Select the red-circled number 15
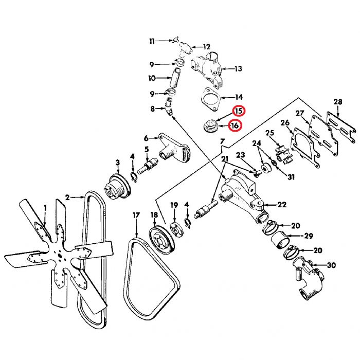[x=239, y=111]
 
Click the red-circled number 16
[x=235, y=125]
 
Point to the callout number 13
[x=238, y=68]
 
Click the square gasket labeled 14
[x=210, y=99]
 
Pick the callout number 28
[x=337, y=101]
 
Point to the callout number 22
[x=282, y=205]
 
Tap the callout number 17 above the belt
[x=136, y=215]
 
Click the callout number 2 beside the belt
[x=67, y=196]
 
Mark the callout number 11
[x=152, y=41]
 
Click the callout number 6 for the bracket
[x=146, y=138]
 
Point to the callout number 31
[x=291, y=178]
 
